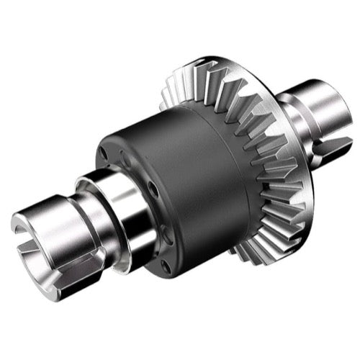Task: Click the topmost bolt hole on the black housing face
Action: (x=105, y=153)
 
